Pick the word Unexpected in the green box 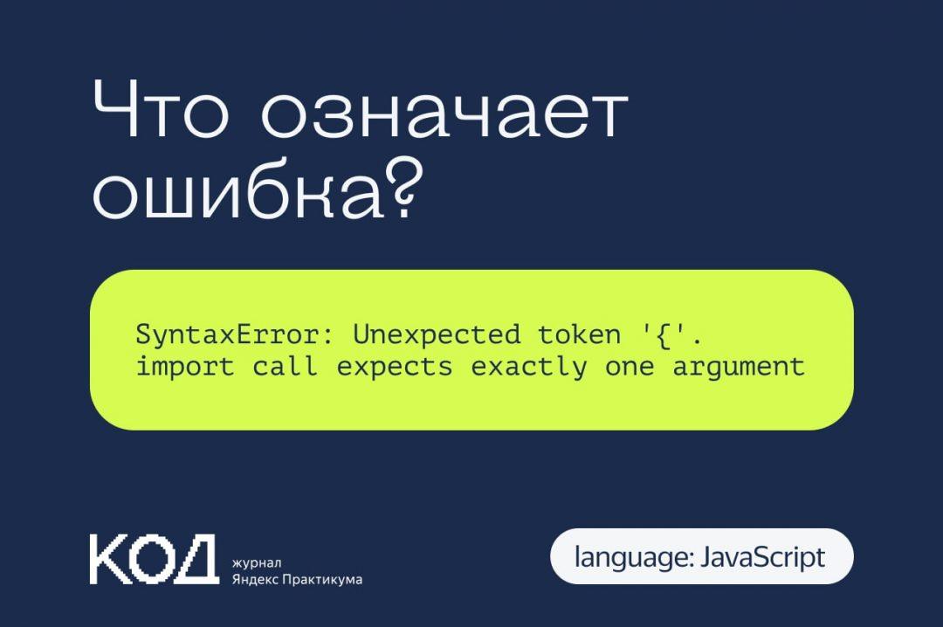coord(437,334)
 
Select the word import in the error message coord(185,367)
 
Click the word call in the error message coord(286,367)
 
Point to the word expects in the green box coord(395,367)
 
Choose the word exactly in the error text coord(529,367)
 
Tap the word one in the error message coord(630,367)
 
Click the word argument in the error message coord(739,367)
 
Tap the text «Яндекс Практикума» coord(297,579)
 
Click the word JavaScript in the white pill coord(762,556)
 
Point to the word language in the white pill coord(630,556)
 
